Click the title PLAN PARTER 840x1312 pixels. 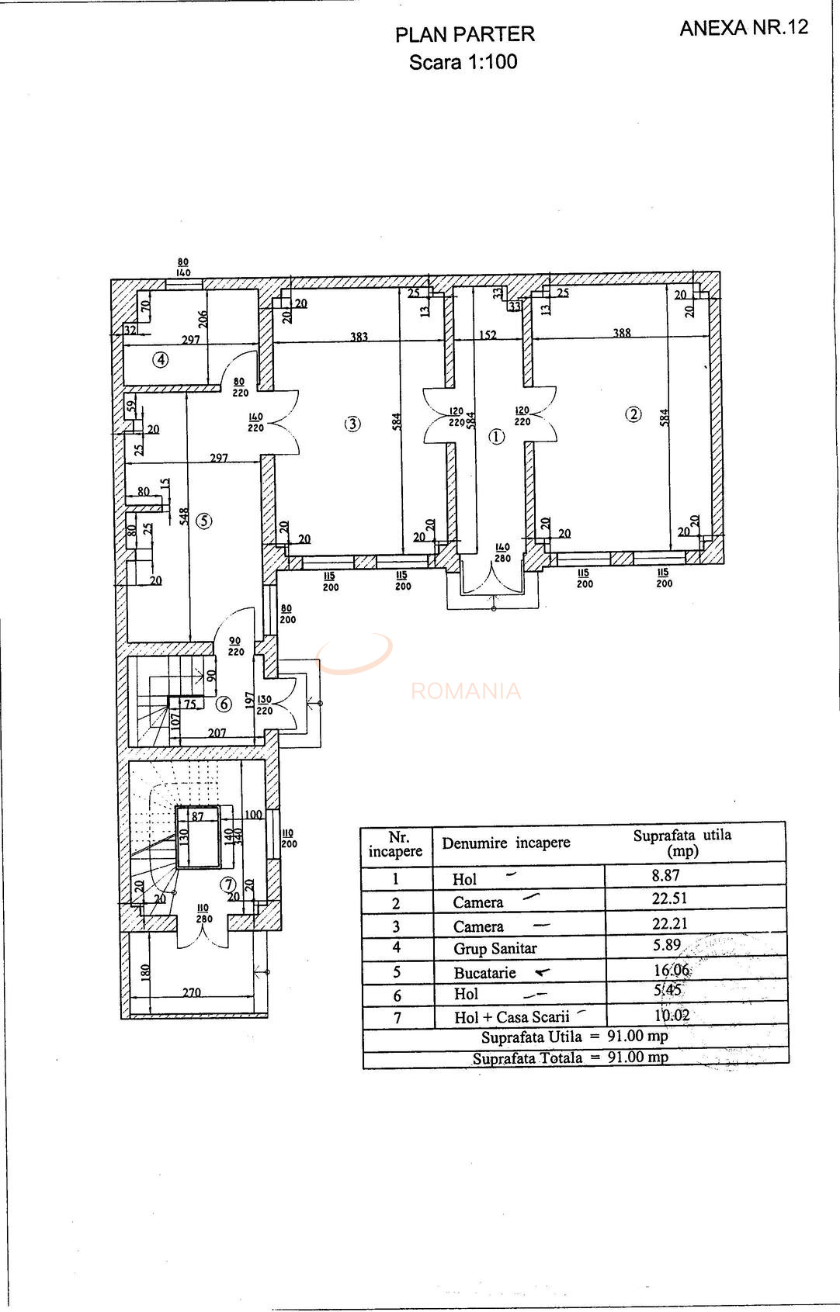coord(464,35)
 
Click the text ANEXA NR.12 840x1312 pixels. coord(744,28)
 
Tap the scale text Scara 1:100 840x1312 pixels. coord(463,62)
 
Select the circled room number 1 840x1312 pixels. coord(496,437)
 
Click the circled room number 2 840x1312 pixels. coord(633,414)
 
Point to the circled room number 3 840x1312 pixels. coord(353,424)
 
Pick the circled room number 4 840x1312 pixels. coord(161,359)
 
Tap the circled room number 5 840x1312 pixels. coord(203,521)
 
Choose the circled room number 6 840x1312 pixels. coord(224,704)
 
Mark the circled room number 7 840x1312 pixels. coord(227,884)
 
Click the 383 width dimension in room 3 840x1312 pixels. coord(359,337)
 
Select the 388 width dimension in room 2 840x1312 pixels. coord(622,333)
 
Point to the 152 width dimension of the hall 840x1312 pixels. coord(488,335)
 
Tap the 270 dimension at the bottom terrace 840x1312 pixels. coord(192,992)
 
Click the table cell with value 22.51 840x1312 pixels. coord(669,898)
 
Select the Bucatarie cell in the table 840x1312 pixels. coord(485,972)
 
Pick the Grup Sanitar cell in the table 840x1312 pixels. coord(495,948)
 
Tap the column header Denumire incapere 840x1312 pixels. coord(506,843)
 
